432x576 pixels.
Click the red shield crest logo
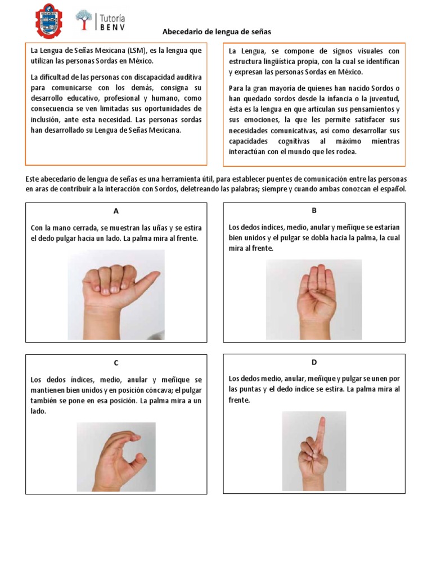click(x=49, y=21)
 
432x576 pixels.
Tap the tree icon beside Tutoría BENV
click(x=84, y=20)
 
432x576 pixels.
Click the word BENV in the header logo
click(x=112, y=27)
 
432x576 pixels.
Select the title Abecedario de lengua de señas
click(x=217, y=32)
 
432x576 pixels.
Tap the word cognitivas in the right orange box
click(x=294, y=141)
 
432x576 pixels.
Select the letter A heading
click(x=116, y=211)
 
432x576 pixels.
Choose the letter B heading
click(x=314, y=210)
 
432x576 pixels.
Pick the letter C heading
click(x=116, y=363)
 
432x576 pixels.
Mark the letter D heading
click(x=314, y=362)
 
